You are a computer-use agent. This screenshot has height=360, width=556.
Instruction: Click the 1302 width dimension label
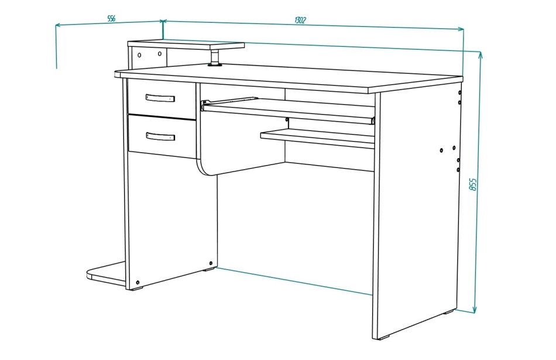tap(300, 20)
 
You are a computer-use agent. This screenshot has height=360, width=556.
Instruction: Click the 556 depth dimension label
tap(111, 19)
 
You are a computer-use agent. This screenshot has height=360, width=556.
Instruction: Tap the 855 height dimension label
tap(473, 185)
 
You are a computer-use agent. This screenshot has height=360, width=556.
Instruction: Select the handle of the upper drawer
tap(160, 98)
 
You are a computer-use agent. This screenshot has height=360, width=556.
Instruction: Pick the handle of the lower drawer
tap(160, 136)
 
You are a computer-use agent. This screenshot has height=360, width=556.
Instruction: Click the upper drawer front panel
tap(162, 98)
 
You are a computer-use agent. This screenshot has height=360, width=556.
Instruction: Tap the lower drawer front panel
tap(162, 136)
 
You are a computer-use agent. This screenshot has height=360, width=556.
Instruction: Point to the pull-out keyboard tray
tap(288, 111)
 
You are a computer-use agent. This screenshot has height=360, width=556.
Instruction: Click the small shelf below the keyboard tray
tap(317, 138)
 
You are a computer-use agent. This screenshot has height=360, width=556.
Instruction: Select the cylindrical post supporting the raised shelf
tap(215, 57)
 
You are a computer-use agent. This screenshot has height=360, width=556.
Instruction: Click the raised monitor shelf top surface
tap(186, 44)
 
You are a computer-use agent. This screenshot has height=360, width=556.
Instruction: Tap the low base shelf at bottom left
tap(107, 273)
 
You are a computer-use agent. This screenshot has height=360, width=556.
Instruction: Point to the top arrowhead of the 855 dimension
tap(481, 54)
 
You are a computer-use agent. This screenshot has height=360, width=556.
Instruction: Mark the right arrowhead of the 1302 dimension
tap(461, 29)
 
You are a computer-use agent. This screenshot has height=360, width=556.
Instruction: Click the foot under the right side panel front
tap(383, 337)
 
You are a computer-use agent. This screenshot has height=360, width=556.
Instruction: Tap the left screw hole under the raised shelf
tap(139, 55)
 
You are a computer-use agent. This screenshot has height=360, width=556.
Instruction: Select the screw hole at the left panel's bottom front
tap(138, 283)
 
